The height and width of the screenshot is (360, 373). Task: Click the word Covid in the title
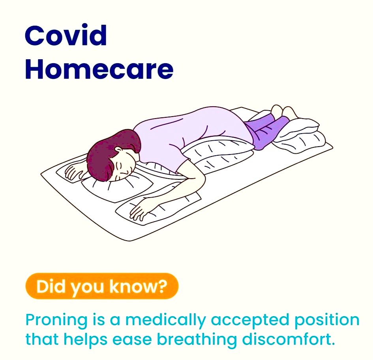66,35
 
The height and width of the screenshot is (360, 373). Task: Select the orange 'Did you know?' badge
101,286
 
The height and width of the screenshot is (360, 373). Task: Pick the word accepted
253,320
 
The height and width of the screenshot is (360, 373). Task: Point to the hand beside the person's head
75,171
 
